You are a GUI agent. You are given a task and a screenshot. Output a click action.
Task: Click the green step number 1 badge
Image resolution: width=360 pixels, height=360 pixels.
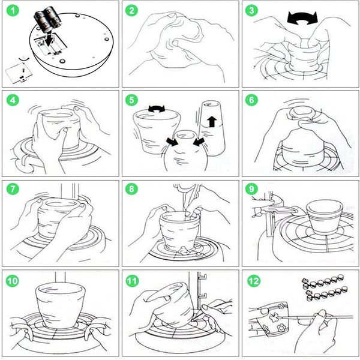(x=11, y=11)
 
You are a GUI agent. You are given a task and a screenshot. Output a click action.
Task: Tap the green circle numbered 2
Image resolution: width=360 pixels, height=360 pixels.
(x=133, y=11)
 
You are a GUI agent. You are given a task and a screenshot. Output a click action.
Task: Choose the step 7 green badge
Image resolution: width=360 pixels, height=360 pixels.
(x=11, y=190)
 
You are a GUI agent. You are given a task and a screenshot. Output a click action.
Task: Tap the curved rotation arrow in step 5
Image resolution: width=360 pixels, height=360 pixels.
(x=158, y=109)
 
